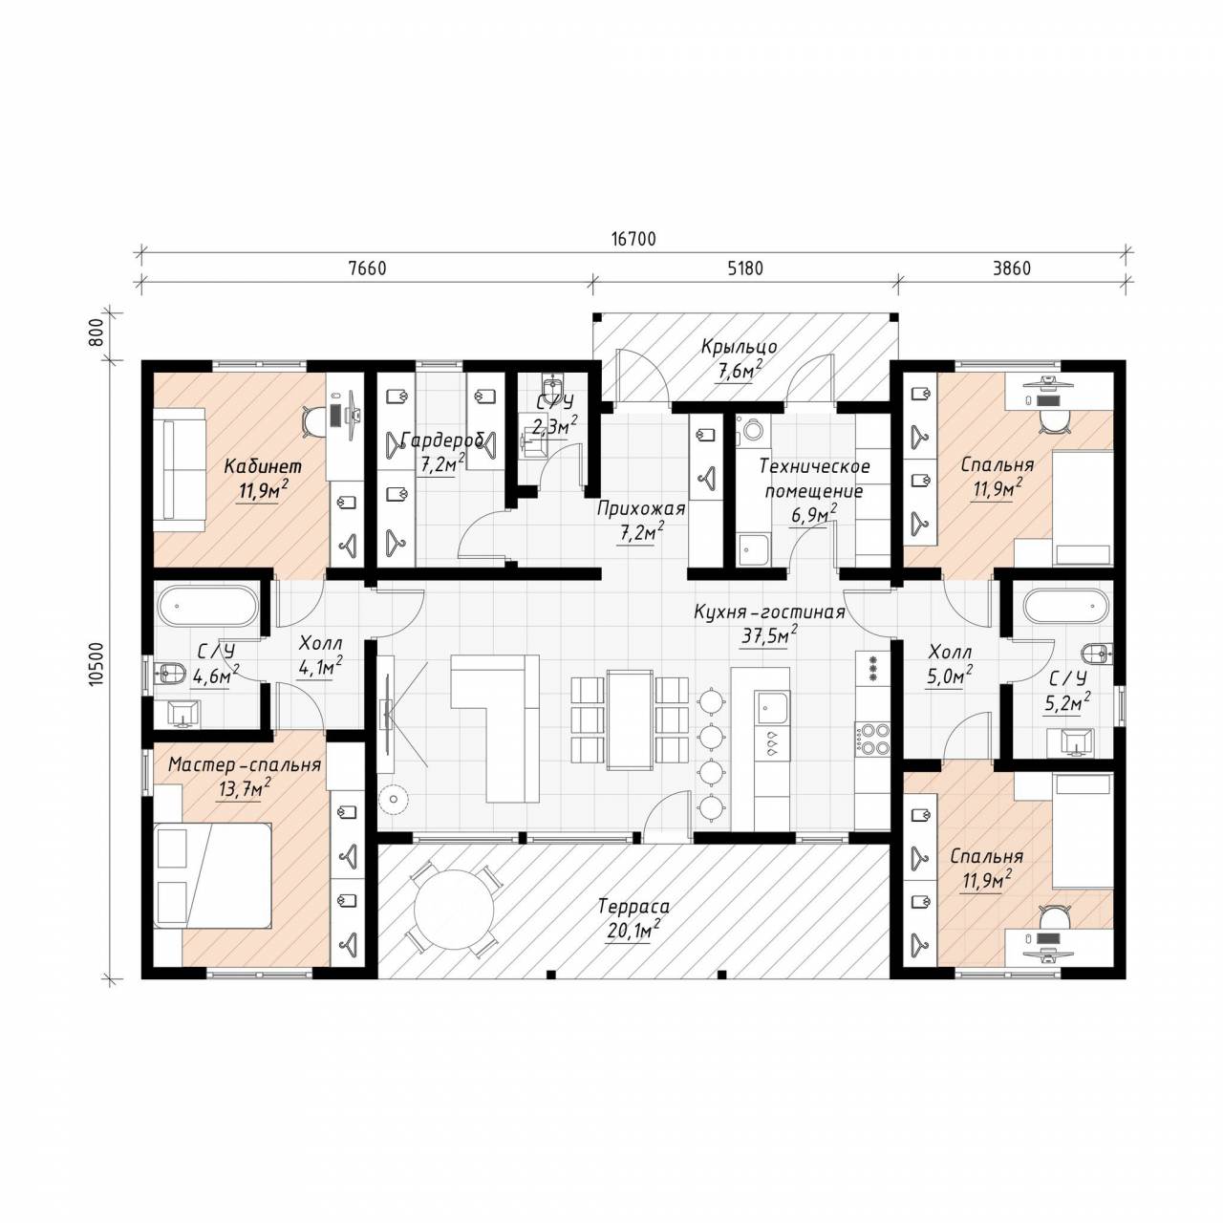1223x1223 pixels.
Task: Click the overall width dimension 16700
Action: (633, 239)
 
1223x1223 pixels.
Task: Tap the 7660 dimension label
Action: (367, 268)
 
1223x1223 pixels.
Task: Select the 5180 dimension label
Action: (745, 268)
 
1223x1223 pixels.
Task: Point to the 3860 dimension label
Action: (1012, 268)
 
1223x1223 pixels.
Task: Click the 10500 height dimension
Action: (97, 664)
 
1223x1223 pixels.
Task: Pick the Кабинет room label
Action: (263, 466)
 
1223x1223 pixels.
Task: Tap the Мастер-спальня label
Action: (244, 764)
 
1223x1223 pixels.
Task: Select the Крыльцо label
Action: (739, 347)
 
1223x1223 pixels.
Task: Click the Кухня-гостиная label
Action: (769, 611)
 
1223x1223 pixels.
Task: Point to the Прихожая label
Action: (642, 509)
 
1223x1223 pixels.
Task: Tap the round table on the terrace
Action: (453, 910)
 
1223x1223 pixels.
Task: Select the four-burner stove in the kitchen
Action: (872, 739)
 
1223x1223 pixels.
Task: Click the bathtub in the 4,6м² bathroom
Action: (207, 606)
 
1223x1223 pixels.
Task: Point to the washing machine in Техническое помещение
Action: (753, 429)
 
